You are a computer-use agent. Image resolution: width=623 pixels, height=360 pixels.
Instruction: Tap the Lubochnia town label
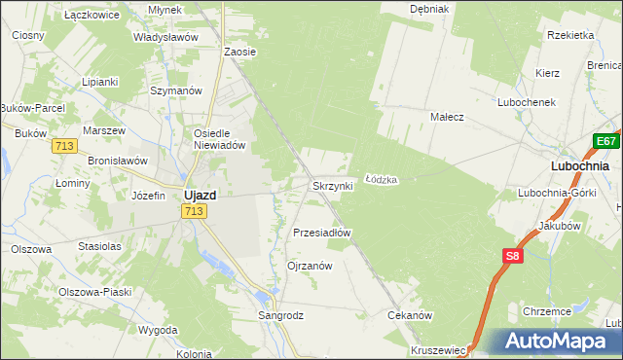coord(579,165)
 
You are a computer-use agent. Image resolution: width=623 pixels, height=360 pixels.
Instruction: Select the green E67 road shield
coord(607,142)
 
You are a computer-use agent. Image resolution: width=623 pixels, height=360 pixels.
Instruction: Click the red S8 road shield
coord(514,256)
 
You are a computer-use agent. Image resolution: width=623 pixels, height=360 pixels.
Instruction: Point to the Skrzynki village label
coord(331,186)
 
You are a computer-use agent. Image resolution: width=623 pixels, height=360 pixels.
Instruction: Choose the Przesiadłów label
coord(321,234)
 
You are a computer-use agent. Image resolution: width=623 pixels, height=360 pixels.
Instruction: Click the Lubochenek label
coord(526,102)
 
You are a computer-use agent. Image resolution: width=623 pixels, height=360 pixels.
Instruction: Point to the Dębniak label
coord(428,9)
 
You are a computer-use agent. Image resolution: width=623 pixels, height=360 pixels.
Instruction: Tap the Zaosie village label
coord(239,52)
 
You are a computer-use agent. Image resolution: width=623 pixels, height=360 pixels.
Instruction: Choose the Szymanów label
coord(175,90)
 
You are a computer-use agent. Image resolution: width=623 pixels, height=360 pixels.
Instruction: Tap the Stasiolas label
coord(99,246)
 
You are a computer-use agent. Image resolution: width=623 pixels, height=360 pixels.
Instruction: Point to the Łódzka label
coord(381,180)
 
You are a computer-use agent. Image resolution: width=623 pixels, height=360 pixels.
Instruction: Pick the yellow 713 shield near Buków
coord(65,145)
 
